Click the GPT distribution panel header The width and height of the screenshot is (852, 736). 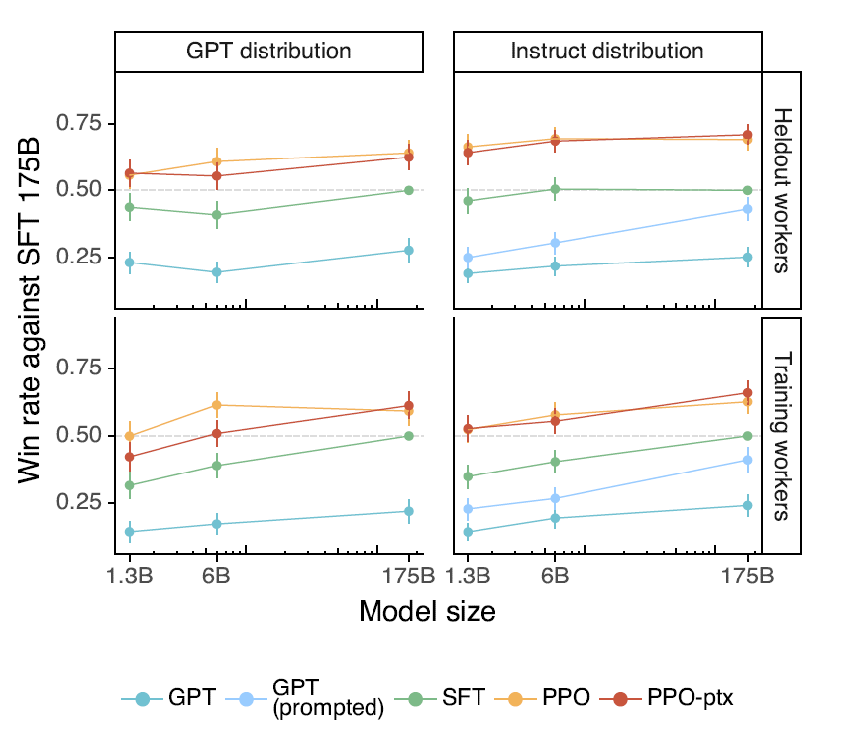click(269, 52)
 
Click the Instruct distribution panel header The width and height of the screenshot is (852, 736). click(606, 52)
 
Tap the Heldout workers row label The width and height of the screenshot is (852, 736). click(783, 189)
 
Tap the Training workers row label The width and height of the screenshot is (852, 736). click(783, 436)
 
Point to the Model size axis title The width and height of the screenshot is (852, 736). click(427, 611)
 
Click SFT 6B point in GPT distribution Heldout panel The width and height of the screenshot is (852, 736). click(216, 214)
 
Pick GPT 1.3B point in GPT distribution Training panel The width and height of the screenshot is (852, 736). click(129, 532)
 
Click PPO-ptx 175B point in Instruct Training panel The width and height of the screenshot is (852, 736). click(748, 393)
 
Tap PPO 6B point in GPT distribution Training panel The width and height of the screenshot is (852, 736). click(216, 404)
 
